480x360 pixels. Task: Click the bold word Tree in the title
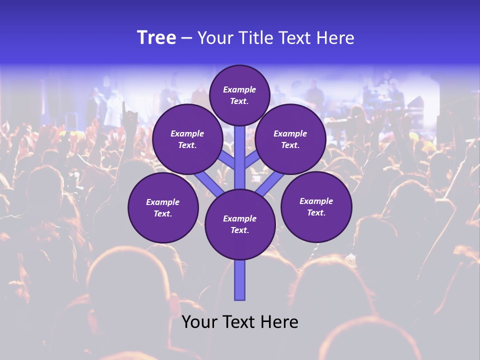(x=156, y=38)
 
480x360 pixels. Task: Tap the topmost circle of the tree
(x=239, y=95)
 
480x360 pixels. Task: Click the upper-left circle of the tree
(x=187, y=139)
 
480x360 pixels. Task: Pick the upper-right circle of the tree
(x=290, y=139)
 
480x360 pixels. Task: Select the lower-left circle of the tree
(x=163, y=208)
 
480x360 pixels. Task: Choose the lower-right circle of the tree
(x=316, y=207)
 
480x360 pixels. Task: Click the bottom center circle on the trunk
(x=240, y=224)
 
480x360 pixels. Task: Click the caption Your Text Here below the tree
(x=240, y=322)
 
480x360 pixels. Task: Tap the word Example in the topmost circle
(x=239, y=89)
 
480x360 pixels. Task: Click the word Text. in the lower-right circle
(x=316, y=213)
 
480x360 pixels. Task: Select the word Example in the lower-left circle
(x=162, y=202)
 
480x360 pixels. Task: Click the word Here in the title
(x=338, y=38)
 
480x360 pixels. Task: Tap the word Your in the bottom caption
(x=199, y=322)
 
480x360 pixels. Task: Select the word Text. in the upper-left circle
(x=187, y=145)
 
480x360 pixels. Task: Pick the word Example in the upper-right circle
(x=290, y=133)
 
